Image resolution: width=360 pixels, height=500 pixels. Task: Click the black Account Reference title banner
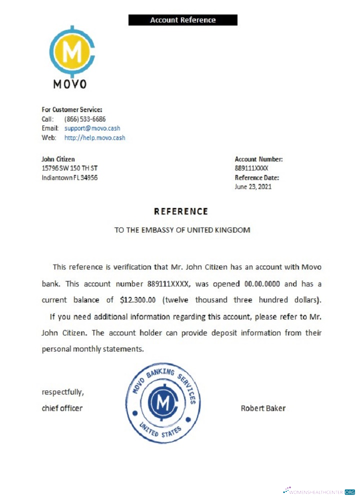pyautogui.click(x=182, y=20)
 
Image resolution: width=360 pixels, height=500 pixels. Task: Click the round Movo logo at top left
pyautogui.click(x=71, y=51)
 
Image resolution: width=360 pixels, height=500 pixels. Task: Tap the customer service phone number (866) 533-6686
pyautogui.click(x=85, y=119)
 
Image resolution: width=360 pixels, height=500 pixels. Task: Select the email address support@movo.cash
pyautogui.click(x=92, y=128)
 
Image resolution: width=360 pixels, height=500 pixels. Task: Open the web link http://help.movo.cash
pyautogui.click(x=94, y=137)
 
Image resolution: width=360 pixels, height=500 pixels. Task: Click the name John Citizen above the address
pyautogui.click(x=58, y=159)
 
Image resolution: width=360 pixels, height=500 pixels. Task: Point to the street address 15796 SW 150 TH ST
pyautogui.click(x=69, y=168)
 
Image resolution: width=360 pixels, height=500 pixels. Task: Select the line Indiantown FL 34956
pyautogui.click(x=69, y=177)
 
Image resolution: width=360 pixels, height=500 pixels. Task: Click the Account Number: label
pyautogui.click(x=258, y=159)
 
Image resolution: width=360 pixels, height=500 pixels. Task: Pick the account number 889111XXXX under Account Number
pyautogui.click(x=251, y=168)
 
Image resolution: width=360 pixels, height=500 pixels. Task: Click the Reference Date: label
pyautogui.click(x=257, y=177)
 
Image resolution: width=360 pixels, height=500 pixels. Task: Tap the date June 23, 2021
pyautogui.click(x=253, y=186)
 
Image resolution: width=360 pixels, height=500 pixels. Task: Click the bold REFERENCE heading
pyautogui.click(x=181, y=211)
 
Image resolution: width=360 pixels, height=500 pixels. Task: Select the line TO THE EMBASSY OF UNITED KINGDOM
pyautogui.click(x=182, y=230)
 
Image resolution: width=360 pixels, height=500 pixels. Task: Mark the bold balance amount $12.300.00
pyautogui.click(x=141, y=300)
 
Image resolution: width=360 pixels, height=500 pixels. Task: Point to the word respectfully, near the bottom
pyautogui.click(x=62, y=391)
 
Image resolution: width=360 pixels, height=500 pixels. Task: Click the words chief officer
pyautogui.click(x=62, y=408)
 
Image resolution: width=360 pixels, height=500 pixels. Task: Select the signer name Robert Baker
pyautogui.click(x=263, y=408)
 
